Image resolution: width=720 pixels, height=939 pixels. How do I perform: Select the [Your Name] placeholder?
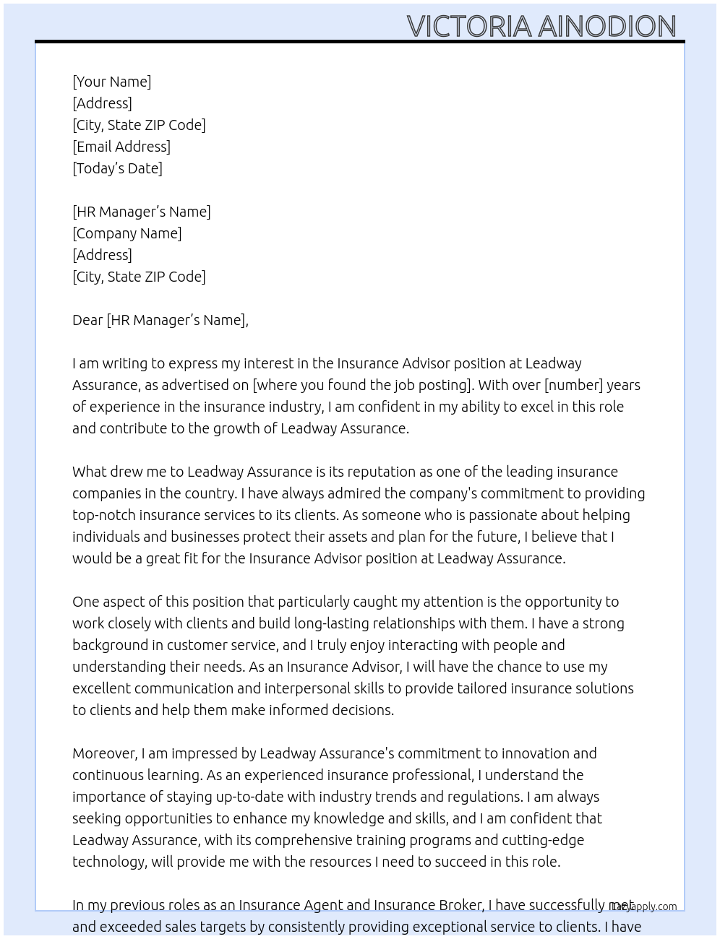point(112,82)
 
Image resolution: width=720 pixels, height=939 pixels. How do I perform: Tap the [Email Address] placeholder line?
point(121,147)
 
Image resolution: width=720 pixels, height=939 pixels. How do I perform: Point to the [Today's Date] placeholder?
point(117,168)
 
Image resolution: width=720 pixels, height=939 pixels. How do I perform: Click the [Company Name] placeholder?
point(127,233)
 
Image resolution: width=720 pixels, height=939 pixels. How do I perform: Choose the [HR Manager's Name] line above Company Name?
point(142,212)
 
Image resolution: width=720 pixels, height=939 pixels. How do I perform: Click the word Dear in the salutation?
point(87,320)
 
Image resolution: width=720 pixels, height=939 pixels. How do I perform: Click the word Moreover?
point(105,753)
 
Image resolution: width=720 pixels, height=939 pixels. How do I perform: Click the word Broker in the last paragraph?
point(460,905)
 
